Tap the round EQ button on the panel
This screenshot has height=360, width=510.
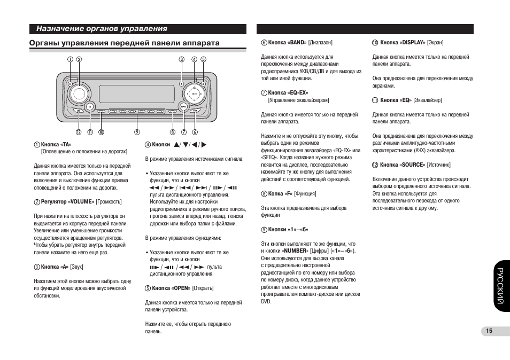tap(90, 107)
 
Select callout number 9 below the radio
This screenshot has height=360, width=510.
tap(137, 132)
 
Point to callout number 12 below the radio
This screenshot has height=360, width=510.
tap(78, 132)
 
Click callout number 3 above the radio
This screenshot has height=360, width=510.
tap(182, 59)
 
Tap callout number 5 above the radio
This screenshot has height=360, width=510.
tap(203, 59)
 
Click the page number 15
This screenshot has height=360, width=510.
tap(489, 331)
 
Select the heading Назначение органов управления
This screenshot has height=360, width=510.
tap(102, 29)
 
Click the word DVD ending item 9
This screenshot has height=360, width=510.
tap(266, 301)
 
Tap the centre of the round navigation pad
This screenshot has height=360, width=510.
tap(194, 95)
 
